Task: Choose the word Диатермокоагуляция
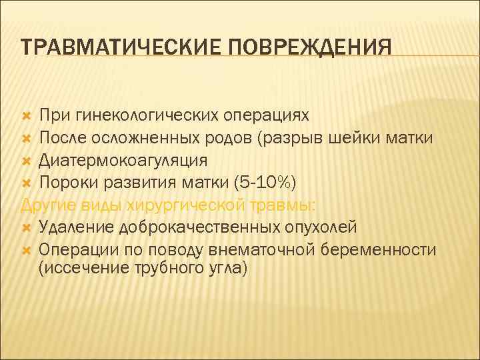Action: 123,161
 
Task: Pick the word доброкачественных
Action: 198,227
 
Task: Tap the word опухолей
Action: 319,227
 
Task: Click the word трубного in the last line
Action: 155,268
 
